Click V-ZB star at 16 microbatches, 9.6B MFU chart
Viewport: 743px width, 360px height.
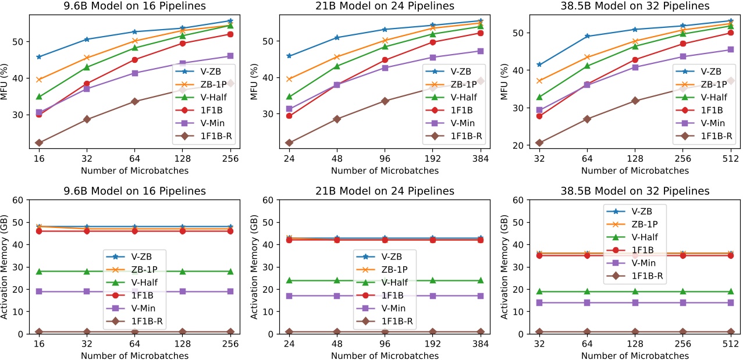point(39,57)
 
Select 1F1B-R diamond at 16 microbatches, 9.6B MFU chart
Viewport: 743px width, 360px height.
point(39,142)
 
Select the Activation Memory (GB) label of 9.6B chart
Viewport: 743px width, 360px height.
point(5,267)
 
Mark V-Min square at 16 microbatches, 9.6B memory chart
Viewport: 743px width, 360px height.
point(39,291)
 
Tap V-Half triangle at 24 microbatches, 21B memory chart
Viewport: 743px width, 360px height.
point(289,280)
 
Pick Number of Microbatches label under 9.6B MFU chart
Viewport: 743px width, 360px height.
point(134,171)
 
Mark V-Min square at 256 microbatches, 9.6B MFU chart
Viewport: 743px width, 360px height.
point(230,56)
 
